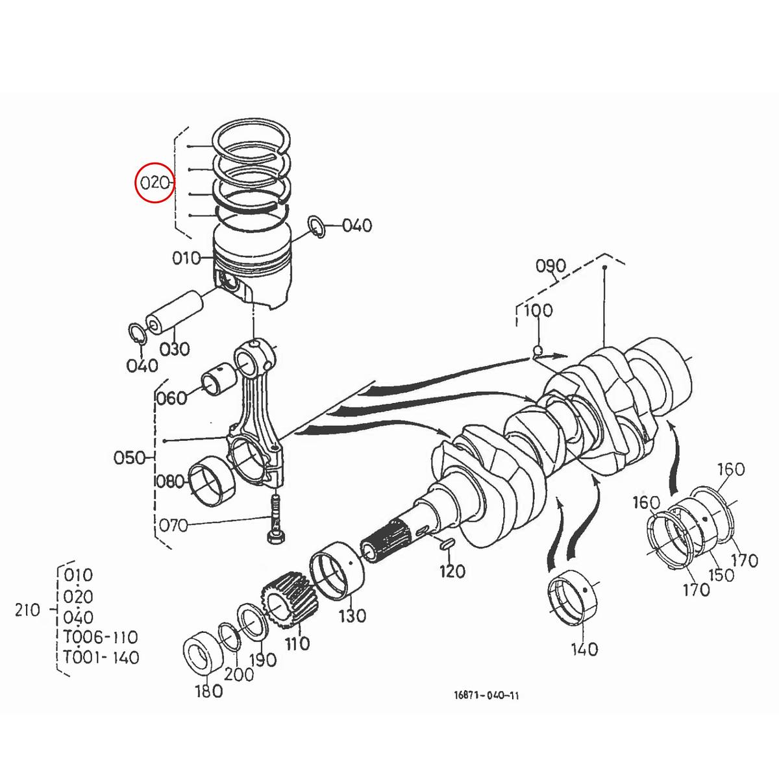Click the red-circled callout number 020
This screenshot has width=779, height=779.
pyautogui.click(x=155, y=182)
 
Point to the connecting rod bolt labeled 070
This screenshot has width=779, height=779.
pyautogui.click(x=275, y=519)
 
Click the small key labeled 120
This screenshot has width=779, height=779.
pyautogui.click(x=447, y=544)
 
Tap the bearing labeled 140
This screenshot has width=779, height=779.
pyautogui.click(x=575, y=597)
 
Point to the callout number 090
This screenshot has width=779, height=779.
pyautogui.click(x=550, y=266)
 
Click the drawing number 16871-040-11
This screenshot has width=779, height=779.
pyautogui.click(x=486, y=696)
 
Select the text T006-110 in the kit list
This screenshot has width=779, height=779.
pyautogui.click(x=101, y=637)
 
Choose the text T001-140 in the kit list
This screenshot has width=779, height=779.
pyautogui.click(x=101, y=657)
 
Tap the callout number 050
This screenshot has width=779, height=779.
pyautogui.click(x=129, y=458)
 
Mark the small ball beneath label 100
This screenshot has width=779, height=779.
pyautogui.click(x=538, y=351)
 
